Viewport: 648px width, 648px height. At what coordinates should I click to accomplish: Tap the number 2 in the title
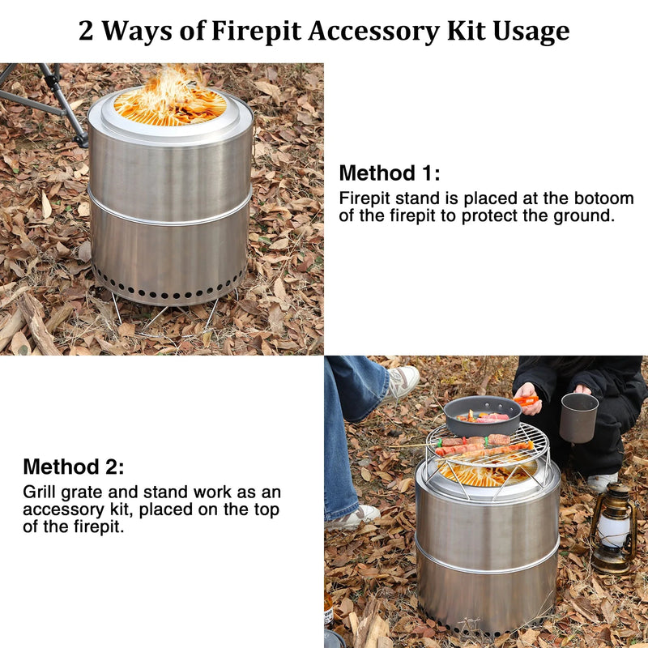point(87,32)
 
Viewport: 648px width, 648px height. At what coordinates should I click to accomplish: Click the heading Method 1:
point(390,173)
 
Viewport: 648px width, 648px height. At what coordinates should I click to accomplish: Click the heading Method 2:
point(74,467)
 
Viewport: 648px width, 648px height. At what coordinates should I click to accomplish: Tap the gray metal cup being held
point(578,417)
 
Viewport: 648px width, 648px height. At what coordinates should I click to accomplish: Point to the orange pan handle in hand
point(527,400)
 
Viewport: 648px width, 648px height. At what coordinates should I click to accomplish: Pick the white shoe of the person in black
point(602,482)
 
